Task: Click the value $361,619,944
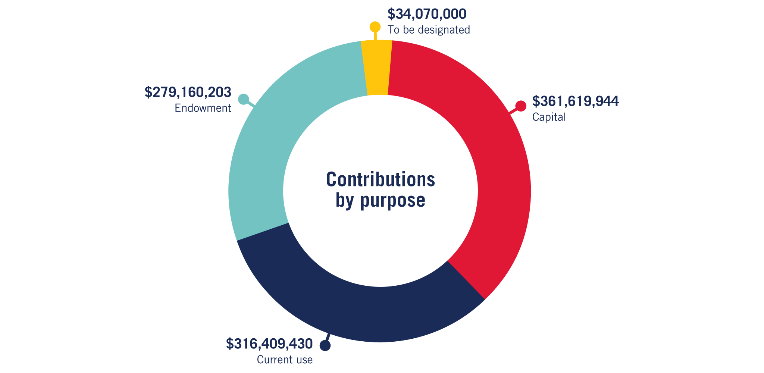[x=575, y=101]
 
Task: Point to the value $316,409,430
[x=269, y=344]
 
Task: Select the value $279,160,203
[x=188, y=92]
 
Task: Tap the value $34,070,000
[x=427, y=14]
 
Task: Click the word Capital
[x=549, y=117]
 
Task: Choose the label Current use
[x=285, y=360]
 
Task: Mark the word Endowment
[x=203, y=108]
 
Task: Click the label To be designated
[x=429, y=29]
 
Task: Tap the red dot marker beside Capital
[x=521, y=106]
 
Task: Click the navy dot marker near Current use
[x=325, y=346]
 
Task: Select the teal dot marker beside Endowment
[x=243, y=99]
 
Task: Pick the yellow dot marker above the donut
[x=375, y=27]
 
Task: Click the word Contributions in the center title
[x=381, y=179]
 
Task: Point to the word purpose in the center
[x=393, y=201]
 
